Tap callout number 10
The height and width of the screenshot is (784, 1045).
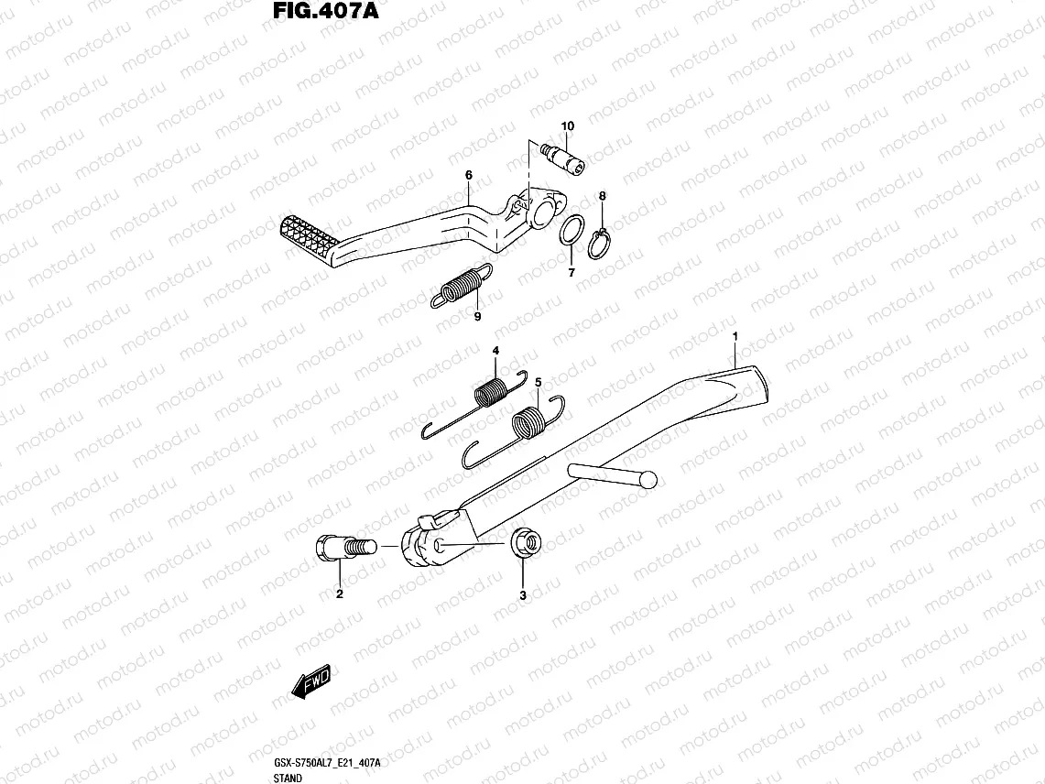pyautogui.click(x=567, y=125)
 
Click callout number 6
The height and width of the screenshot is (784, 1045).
pyautogui.click(x=468, y=175)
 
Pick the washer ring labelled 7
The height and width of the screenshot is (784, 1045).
pyautogui.click(x=571, y=233)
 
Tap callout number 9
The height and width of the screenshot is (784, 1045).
pyautogui.click(x=477, y=317)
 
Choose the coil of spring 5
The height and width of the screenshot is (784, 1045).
pyautogui.click(x=527, y=425)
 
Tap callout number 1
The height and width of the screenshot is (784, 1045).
pyautogui.click(x=735, y=337)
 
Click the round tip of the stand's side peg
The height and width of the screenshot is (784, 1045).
pyautogui.click(x=648, y=478)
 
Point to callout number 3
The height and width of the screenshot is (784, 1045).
pyautogui.click(x=523, y=595)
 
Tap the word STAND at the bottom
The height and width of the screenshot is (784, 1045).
pyautogui.click(x=288, y=778)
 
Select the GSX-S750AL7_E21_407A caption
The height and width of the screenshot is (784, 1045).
pyautogui.click(x=326, y=763)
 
